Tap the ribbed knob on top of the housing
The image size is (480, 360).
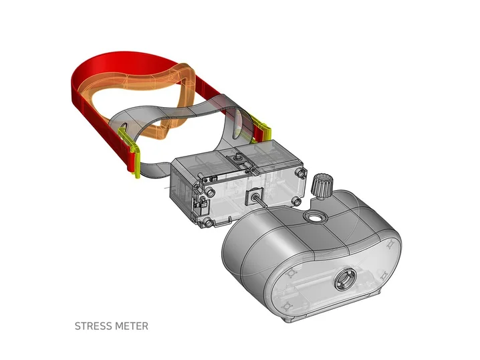[x=320, y=187]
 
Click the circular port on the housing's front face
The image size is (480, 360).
[x=345, y=280]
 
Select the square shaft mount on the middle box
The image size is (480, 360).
[x=254, y=196]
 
